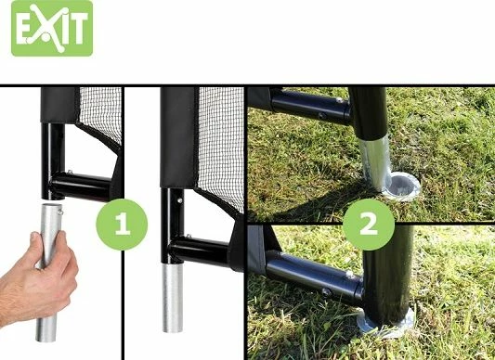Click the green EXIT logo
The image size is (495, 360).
52,29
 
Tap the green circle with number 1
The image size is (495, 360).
122,225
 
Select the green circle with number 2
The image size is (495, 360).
369,225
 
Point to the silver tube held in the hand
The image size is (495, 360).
48,273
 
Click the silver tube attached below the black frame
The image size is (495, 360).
173,298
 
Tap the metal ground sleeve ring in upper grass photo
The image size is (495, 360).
402,186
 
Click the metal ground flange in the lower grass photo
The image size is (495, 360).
385,322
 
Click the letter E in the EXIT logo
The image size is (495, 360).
23,29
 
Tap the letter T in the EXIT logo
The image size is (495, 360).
79,29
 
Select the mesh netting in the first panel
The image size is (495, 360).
100,113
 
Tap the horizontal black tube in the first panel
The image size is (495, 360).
81,186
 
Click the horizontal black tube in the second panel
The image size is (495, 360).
200,251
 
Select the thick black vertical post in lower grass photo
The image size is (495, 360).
387,275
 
